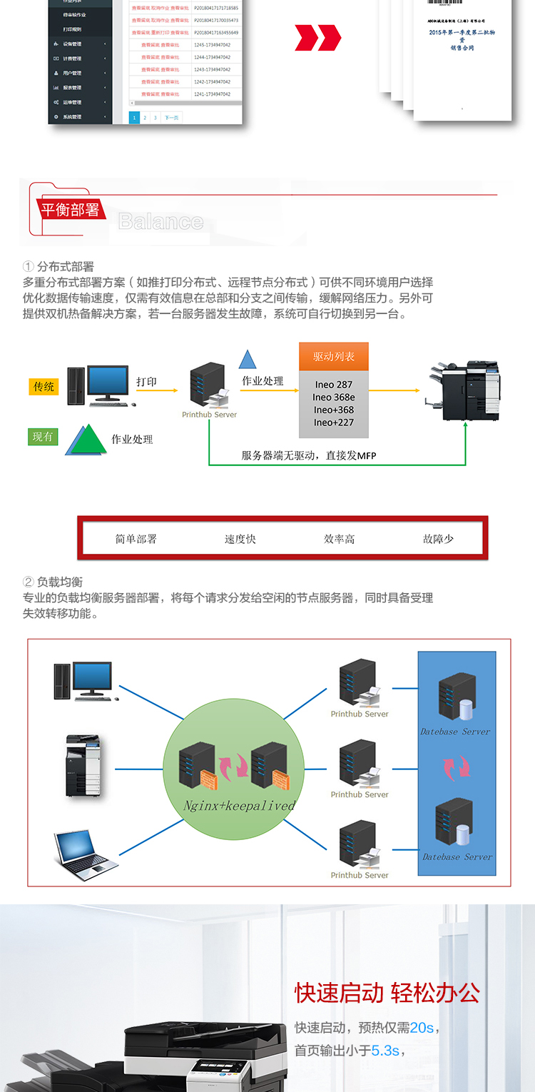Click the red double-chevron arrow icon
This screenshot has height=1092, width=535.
pos(318,38)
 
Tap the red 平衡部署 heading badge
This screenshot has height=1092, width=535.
pos(70,209)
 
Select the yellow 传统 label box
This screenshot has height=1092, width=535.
pos(44,387)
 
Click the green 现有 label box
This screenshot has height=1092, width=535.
pos(43,436)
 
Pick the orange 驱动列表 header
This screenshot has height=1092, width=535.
pos(333,356)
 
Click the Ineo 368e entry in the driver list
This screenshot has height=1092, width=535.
pos(333,397)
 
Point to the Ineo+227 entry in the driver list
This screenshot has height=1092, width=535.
pos(333,423)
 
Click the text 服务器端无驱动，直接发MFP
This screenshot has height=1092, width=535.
pos(308,455)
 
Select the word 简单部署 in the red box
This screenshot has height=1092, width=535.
pos(136,539)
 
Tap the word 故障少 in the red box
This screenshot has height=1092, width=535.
pos(438,539)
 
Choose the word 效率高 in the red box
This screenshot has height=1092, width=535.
pos(339,539)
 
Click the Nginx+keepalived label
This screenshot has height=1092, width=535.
pos(239,805)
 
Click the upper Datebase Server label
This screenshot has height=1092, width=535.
pos(455,732)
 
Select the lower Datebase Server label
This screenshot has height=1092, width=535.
pos(457,856)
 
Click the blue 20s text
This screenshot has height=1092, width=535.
pos(422,1028)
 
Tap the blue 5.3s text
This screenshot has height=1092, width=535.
pos(385,1051)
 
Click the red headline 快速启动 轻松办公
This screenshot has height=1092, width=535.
pos(387,993)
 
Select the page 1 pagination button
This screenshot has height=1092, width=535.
pos(134,117)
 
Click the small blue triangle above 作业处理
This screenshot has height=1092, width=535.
pos(248,360)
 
